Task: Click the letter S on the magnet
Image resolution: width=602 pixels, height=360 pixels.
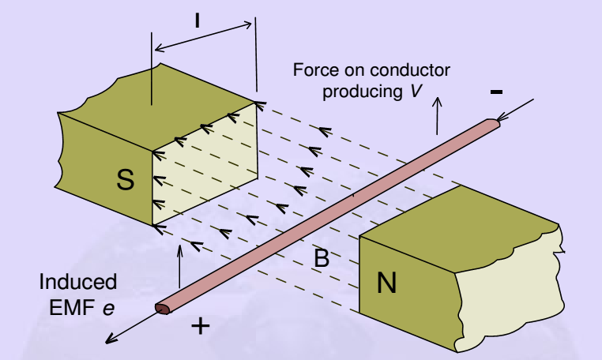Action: [x=125, y=180]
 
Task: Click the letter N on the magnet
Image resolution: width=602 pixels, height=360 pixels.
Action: [x=386, y=282]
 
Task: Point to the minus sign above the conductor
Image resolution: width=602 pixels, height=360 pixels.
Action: [x=496, y=92]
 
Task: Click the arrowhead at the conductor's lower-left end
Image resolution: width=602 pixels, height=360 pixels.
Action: [x=111, y=341]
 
